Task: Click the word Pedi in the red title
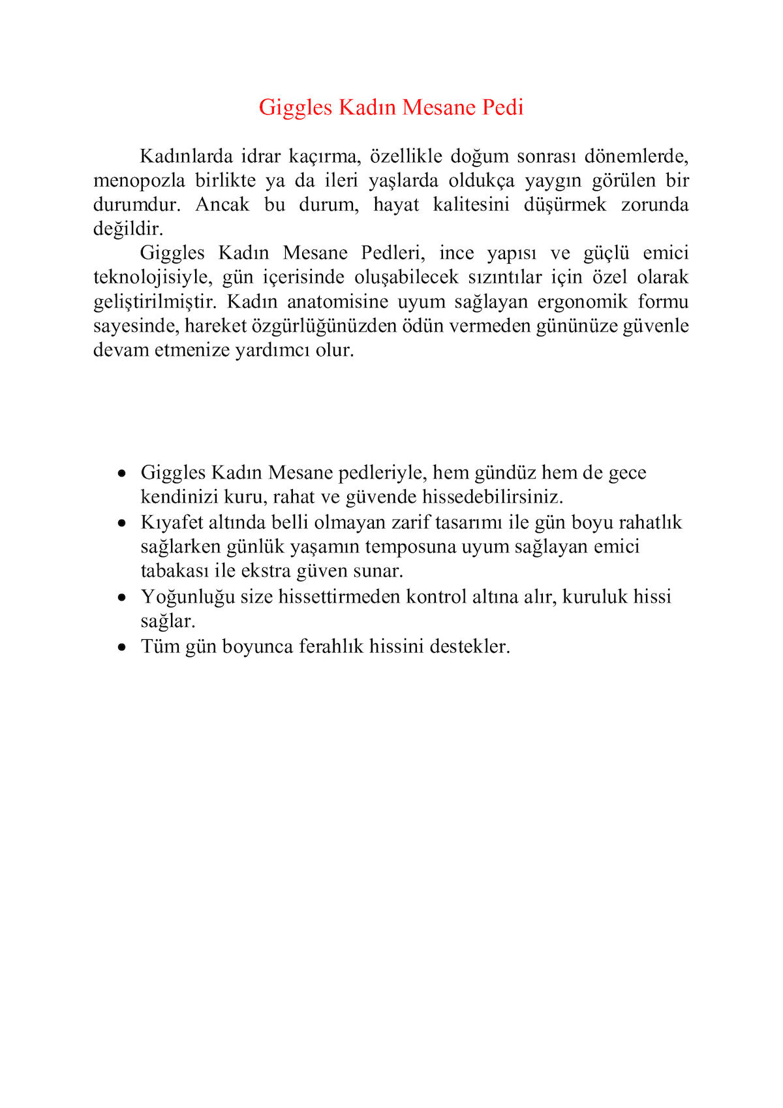point(502,107)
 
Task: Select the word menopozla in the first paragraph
point(139,181)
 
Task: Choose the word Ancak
point(223,205)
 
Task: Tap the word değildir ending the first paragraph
point(128,229)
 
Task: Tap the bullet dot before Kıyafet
point(121,524)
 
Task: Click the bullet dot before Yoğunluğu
point(121,597)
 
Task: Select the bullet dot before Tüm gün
point(121,647)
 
